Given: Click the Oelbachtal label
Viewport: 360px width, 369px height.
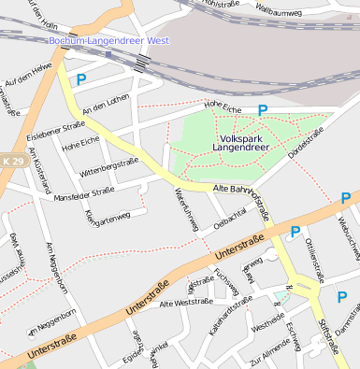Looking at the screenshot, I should click(230, 219).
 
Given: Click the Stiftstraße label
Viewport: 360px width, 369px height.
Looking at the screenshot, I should click(327, 337).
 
